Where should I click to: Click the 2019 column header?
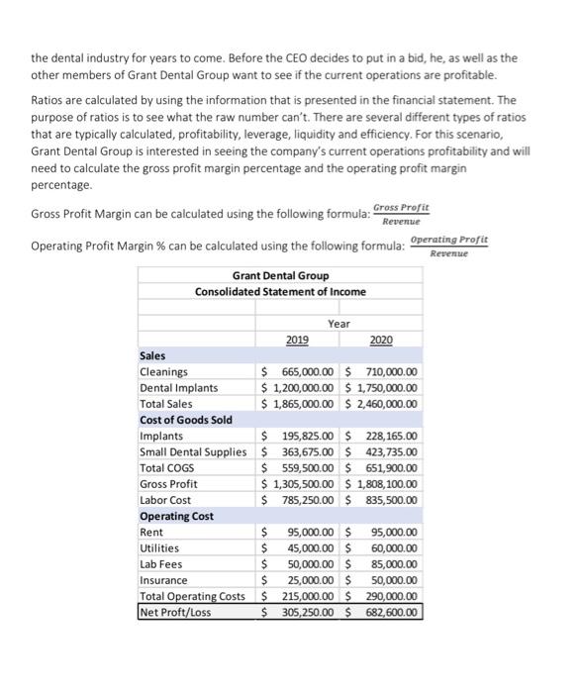click(x=296, y=340)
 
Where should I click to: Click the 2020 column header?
click(x=380, y=340)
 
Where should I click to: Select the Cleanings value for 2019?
click(x=301, y=372)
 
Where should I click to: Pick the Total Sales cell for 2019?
click(x=301, y=404)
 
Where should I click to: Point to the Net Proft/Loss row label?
click(x=175, y=612)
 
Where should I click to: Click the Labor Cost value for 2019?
click(x=301, y=500)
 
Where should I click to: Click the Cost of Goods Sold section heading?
click(x=186, y=420)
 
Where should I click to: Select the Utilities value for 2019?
click(x=301, y=548)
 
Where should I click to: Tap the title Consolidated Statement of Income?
click(x=280, y=291)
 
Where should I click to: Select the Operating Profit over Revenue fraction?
click(x=448, y=247)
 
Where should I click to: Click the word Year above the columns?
click(x=339, y=323)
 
